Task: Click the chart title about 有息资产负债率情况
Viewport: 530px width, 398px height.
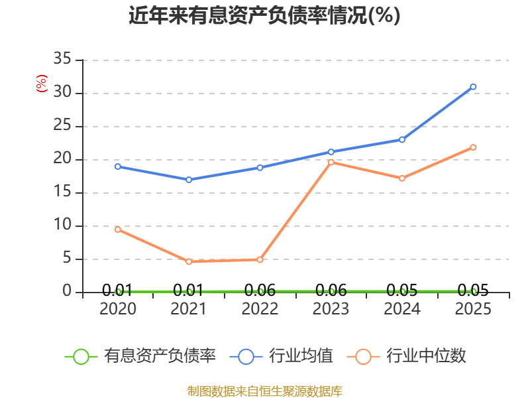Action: (264, 15)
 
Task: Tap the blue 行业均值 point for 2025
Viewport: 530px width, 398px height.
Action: (473, 87)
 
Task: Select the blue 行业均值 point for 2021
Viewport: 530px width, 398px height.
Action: (189, 180)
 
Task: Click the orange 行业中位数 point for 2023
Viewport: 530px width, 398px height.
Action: (331, 163)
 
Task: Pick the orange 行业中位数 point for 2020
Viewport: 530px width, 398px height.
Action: (118, 230)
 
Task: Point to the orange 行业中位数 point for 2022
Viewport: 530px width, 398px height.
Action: (260, 259)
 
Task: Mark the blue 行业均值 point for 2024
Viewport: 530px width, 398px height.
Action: (402, 140)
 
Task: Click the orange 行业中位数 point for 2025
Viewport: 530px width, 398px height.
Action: (473, 147)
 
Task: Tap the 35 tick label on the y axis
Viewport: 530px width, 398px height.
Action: (62, 59)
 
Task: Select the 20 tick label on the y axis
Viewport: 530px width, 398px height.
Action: (62, 159)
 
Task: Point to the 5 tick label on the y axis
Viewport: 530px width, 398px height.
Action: (67, 258)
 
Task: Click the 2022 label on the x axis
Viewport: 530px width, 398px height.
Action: (260, 308)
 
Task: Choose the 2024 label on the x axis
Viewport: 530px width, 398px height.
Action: (402, 308)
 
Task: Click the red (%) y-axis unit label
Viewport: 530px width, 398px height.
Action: (42, 84)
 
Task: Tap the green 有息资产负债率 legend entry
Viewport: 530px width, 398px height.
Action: (140, 356)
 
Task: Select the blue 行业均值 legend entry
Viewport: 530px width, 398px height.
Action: (281, 356)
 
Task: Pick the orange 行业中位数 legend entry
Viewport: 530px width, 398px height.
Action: (407, 356)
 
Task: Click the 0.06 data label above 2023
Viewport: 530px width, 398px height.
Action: (331, 290)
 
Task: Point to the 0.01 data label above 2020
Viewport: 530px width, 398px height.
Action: (117, 290)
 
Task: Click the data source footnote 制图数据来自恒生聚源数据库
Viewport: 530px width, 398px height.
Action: (264, 391)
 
